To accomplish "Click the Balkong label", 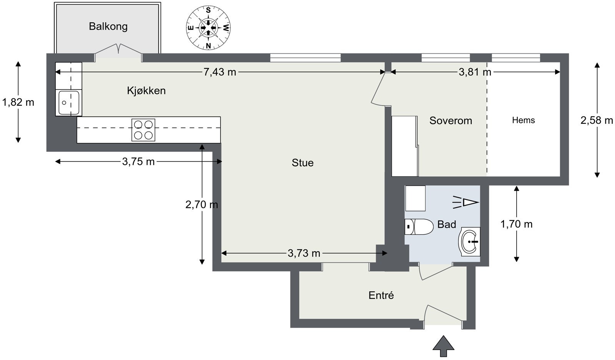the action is point(108,27).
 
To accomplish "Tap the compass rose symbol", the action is point(208,28).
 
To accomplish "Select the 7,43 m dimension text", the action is point(219,72).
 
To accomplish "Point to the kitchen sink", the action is point(69,103).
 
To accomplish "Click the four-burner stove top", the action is point(143,130).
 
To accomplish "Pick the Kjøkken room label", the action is point(146,91).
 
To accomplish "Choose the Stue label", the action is point(303,163).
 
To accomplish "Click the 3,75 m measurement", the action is point(138,162).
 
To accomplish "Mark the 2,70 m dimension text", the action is point(202,204).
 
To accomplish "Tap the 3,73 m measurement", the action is point(304,253).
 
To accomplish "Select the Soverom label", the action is point(451,121).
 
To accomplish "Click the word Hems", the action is point(524,120).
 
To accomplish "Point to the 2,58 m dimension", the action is point(597,120).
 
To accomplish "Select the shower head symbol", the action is point(465,202).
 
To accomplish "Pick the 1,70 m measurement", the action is point(517,224).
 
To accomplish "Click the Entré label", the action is point(381,295).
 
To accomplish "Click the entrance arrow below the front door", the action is point(444,346).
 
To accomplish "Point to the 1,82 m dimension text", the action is point(18,102).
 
